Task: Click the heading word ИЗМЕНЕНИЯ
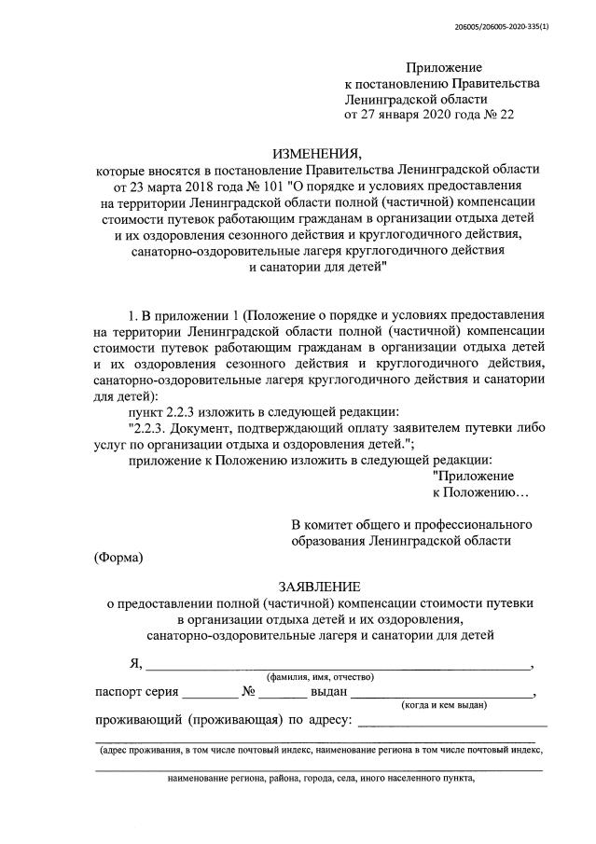[x=314, y=153]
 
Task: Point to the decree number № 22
[x=495, y=115]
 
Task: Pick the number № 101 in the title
[x=249, y=185]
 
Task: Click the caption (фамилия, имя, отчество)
[x=320, y=676]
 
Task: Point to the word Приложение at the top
[x=443, y=67]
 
